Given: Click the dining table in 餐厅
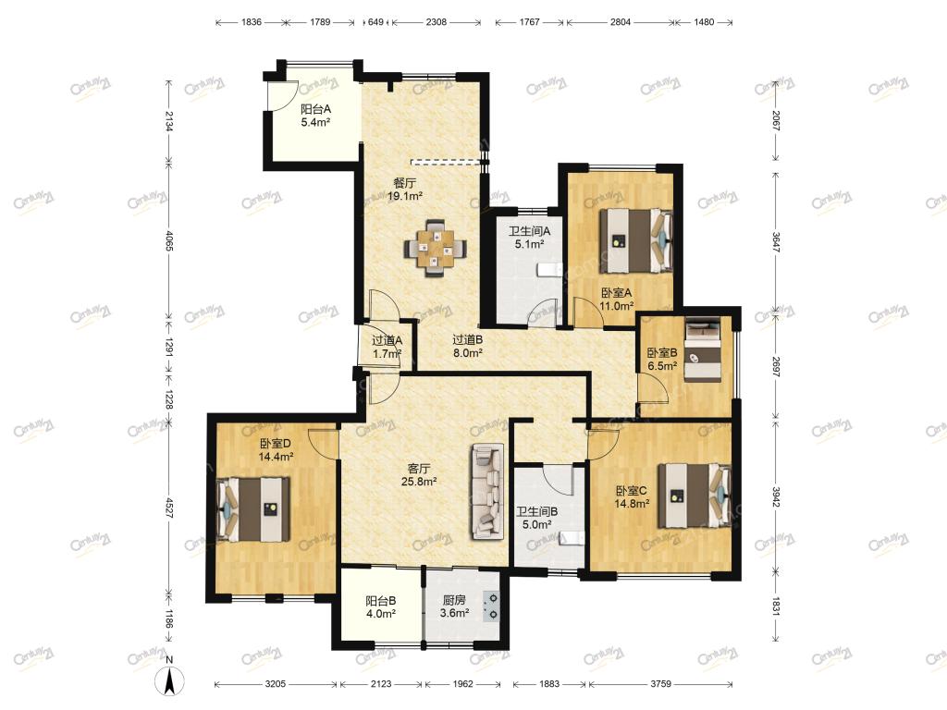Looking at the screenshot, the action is [x=435, y=249].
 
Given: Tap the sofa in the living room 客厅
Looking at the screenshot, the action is [x=486, y=492].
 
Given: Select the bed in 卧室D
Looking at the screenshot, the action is [x=253, y=509].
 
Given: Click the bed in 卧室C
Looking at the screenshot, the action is [x=695, y=496].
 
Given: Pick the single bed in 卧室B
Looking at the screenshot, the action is [x=703, y=349].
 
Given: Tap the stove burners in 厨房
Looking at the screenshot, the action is [x=492, y=606].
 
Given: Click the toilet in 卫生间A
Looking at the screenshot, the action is [x=549, y=269].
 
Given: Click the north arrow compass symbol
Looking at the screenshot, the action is [x=170, y=680].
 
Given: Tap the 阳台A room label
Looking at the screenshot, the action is [x=316, y=109].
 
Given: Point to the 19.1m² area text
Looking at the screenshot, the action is [x=405, y=196].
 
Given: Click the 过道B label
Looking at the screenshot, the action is [x=467, y=340].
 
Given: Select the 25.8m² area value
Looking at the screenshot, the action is [x=419, y=481].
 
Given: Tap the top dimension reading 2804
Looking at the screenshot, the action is [x=621, y=22].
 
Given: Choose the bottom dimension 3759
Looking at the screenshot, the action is [x=660, y=684].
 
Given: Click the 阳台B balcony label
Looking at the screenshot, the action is [x=380, y=601].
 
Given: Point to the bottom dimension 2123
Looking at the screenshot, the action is [x=381, y=684].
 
